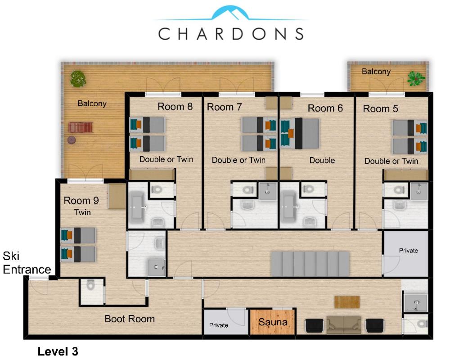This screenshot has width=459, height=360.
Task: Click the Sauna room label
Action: coord(273,322)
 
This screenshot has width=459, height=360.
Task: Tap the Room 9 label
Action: coord(81,201)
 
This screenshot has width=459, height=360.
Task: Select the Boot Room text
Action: coord(130,319)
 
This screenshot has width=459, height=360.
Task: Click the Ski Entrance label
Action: coord(27,262)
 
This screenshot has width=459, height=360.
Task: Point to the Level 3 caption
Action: coord(58,351)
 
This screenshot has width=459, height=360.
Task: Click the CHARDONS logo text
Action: coord(231,34)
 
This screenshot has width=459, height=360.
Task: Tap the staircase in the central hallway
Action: coord(310,264)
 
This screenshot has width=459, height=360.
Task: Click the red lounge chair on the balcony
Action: coord(81,127)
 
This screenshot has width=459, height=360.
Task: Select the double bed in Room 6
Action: coord(300,134)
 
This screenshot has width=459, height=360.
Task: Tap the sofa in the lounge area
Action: coord(344,324)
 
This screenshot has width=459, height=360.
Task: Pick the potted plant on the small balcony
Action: coord(416,78)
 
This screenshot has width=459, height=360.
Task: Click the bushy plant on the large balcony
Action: coord(78,79)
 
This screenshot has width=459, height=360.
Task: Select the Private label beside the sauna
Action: coord(219,325)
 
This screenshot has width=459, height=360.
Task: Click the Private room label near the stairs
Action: coord(408,251)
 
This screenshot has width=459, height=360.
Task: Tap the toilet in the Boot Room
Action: coord(91,284)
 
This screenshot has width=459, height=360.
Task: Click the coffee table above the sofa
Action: coord(347,302)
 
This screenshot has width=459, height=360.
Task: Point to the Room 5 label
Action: coord(381,108)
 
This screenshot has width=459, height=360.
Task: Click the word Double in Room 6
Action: coord(322,160)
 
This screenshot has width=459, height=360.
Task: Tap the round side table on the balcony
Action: coord(72,140)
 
